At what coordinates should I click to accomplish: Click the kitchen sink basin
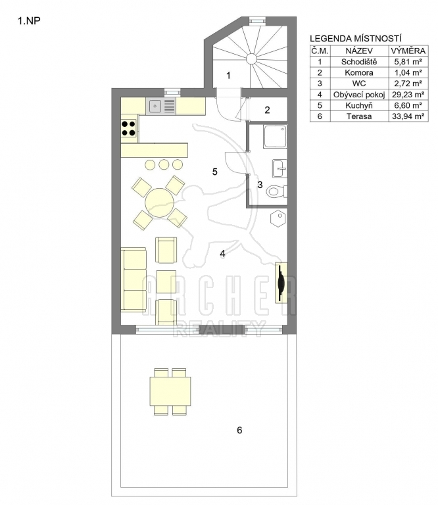155,106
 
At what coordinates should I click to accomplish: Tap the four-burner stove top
128,128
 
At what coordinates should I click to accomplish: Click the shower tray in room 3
275,137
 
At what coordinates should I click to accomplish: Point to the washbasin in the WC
280,168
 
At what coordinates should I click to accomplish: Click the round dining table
159,203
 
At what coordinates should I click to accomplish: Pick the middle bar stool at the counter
164,164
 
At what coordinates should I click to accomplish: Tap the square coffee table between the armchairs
166,281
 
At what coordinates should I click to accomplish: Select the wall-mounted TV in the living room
281,283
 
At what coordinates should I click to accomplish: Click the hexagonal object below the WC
278,219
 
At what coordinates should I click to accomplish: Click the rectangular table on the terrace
170,391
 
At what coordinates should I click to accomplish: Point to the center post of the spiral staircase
251,59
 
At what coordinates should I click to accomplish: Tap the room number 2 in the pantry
267,110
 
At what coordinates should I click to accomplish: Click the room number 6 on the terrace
239,430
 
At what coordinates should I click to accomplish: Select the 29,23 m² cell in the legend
408,95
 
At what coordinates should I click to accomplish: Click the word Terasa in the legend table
359,116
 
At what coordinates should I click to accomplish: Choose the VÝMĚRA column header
408,51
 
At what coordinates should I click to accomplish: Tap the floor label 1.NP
29,21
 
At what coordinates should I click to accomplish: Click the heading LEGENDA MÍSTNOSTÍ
356,39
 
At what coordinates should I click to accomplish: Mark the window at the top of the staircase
258,20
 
